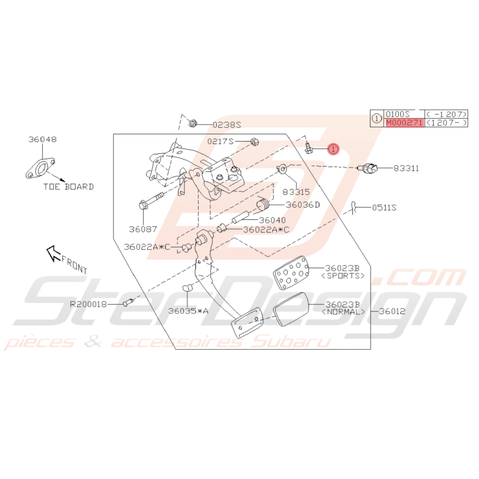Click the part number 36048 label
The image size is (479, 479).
[43, 139]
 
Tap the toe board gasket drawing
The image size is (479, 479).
[40, 168]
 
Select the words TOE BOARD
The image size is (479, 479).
[68, 187]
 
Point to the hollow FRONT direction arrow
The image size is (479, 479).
[54, 254]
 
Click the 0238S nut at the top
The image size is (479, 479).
[192, 123]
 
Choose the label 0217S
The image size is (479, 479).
[220, 141]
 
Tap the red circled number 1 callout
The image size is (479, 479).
[333, 149]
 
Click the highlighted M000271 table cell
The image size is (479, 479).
[404, 123]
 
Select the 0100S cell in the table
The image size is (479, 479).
[397, 114]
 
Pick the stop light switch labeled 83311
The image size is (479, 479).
[368, 168]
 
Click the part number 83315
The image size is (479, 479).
[296, 192]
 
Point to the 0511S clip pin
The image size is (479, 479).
[353, 208]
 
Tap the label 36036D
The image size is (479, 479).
[303, 205]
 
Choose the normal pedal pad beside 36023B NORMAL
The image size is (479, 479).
[291, 309]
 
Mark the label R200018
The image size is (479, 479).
[88, 304]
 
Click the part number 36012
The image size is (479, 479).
[392, 311]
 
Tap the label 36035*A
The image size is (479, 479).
[188, 311]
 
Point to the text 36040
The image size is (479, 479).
[272, 220]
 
